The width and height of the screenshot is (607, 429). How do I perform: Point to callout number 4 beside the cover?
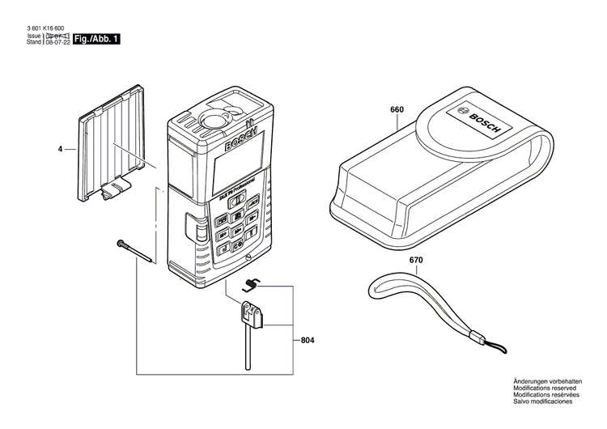(x=60, y=150)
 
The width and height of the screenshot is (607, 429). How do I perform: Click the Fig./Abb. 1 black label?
(x=96, y=39)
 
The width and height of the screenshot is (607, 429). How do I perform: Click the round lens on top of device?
(x=213, y=120)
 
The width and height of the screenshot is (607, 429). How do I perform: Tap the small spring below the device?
(x=252, y=283)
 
